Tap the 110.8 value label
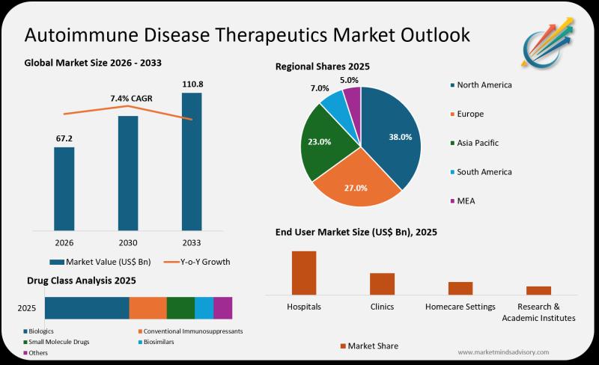[x=192, y=84]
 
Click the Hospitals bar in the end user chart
[x=304, y=273]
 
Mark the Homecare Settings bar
[x=460, y=288]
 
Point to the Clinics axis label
[x=382, y=307]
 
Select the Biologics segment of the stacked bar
[x=87, y=307]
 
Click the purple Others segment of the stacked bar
[x=223, y=307]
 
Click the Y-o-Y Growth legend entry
[x=197, y=262]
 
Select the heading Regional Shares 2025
[x=323, y=67]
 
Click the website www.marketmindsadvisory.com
[x=503, y=352]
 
